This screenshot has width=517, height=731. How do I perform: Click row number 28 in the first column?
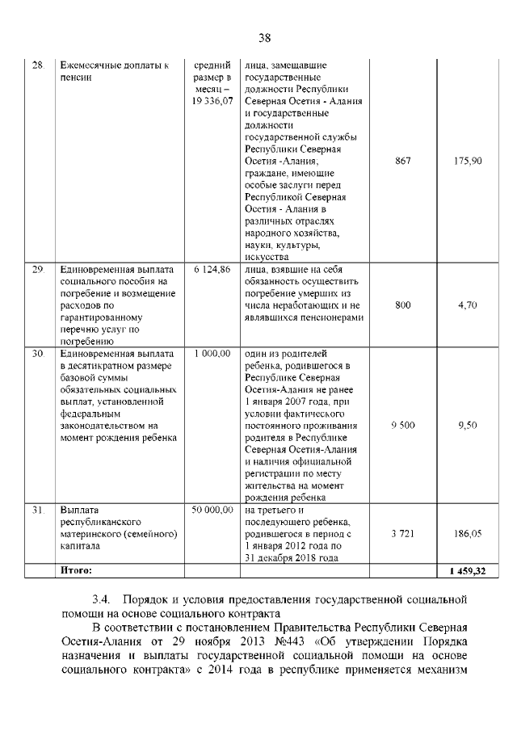(x=36, y=65)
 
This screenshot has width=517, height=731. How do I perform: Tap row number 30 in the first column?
(x=36, y=354)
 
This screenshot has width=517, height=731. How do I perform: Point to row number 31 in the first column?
(x=36, y=510)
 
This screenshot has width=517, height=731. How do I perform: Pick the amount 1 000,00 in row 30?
(x=212, y=354)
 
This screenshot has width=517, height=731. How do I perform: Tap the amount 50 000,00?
(x=212, y=510)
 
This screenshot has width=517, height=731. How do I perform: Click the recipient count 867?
(x=402, y=162)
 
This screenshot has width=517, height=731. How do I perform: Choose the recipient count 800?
(x=402, y=305)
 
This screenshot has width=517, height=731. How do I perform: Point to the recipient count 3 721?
(x=402, y=535)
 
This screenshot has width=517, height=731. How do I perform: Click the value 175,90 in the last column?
(x=468, y=162)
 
